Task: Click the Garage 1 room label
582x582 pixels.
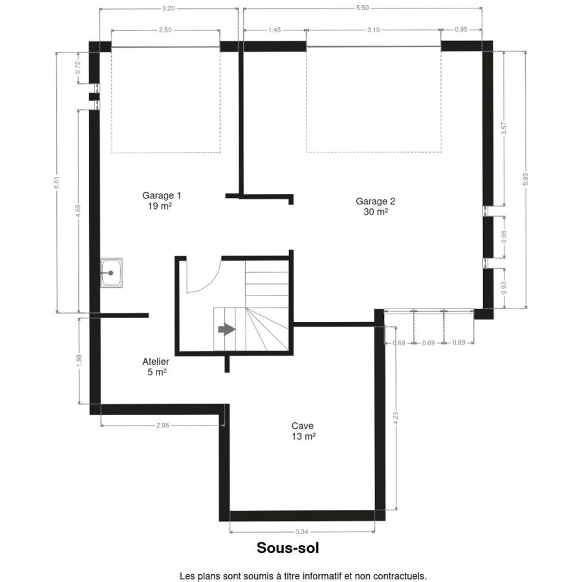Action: click(162, 200)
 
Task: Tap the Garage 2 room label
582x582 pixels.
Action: click(375, 206)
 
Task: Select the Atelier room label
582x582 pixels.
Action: click(156, 367)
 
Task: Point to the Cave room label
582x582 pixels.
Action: click(303, 431)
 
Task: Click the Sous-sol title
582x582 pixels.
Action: click(288, 548)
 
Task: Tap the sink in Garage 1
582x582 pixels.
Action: click(111, 273)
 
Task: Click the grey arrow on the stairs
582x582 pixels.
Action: click(227, 329)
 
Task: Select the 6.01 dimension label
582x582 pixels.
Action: click(56, 182)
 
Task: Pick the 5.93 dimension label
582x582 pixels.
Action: click(525, 179)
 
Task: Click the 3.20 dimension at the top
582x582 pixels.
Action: click(169, 8)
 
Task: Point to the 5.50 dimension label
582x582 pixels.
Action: click(362, 8)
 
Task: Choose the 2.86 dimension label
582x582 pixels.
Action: click(162, 426)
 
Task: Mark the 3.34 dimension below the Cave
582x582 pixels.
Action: click(302, 532)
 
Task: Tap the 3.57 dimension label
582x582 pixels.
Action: click(504, 128)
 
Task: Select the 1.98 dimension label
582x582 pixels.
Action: click(79, 360)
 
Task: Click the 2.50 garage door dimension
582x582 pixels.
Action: click(165, 30)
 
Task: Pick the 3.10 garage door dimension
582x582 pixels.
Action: click(373, 30)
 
